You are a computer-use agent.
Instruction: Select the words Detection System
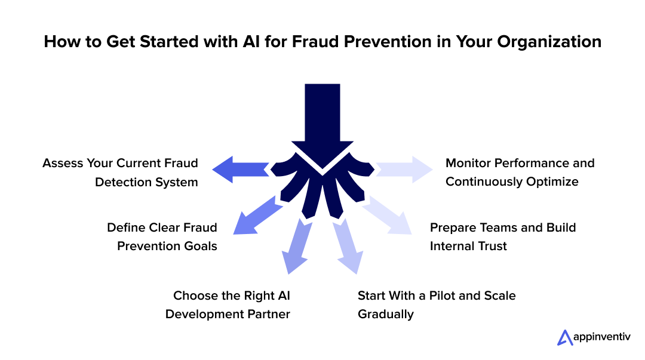coord(146,182)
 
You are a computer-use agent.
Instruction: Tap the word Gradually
coord(385,314)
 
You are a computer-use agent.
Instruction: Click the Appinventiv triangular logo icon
coord(564,337)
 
